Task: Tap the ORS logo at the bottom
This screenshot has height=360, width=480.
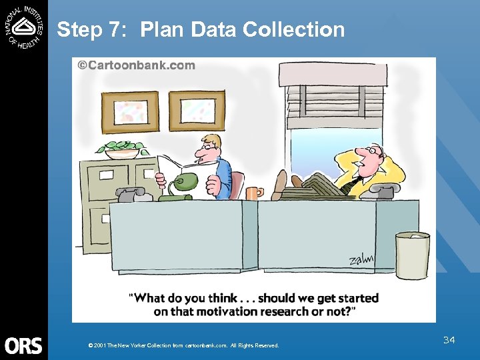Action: point(23,345)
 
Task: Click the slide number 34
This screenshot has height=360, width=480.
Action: point(449,341)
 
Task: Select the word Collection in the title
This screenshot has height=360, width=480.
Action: point(293,30)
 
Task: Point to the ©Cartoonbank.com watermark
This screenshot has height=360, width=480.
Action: point(137,65)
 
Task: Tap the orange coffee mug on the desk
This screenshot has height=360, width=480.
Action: point(253,193)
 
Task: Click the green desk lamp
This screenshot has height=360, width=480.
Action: point(183,183)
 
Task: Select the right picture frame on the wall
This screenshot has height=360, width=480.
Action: point(197,111)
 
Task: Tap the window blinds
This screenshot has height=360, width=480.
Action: point(335,107)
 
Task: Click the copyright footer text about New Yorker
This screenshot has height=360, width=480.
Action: point(183,345)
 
